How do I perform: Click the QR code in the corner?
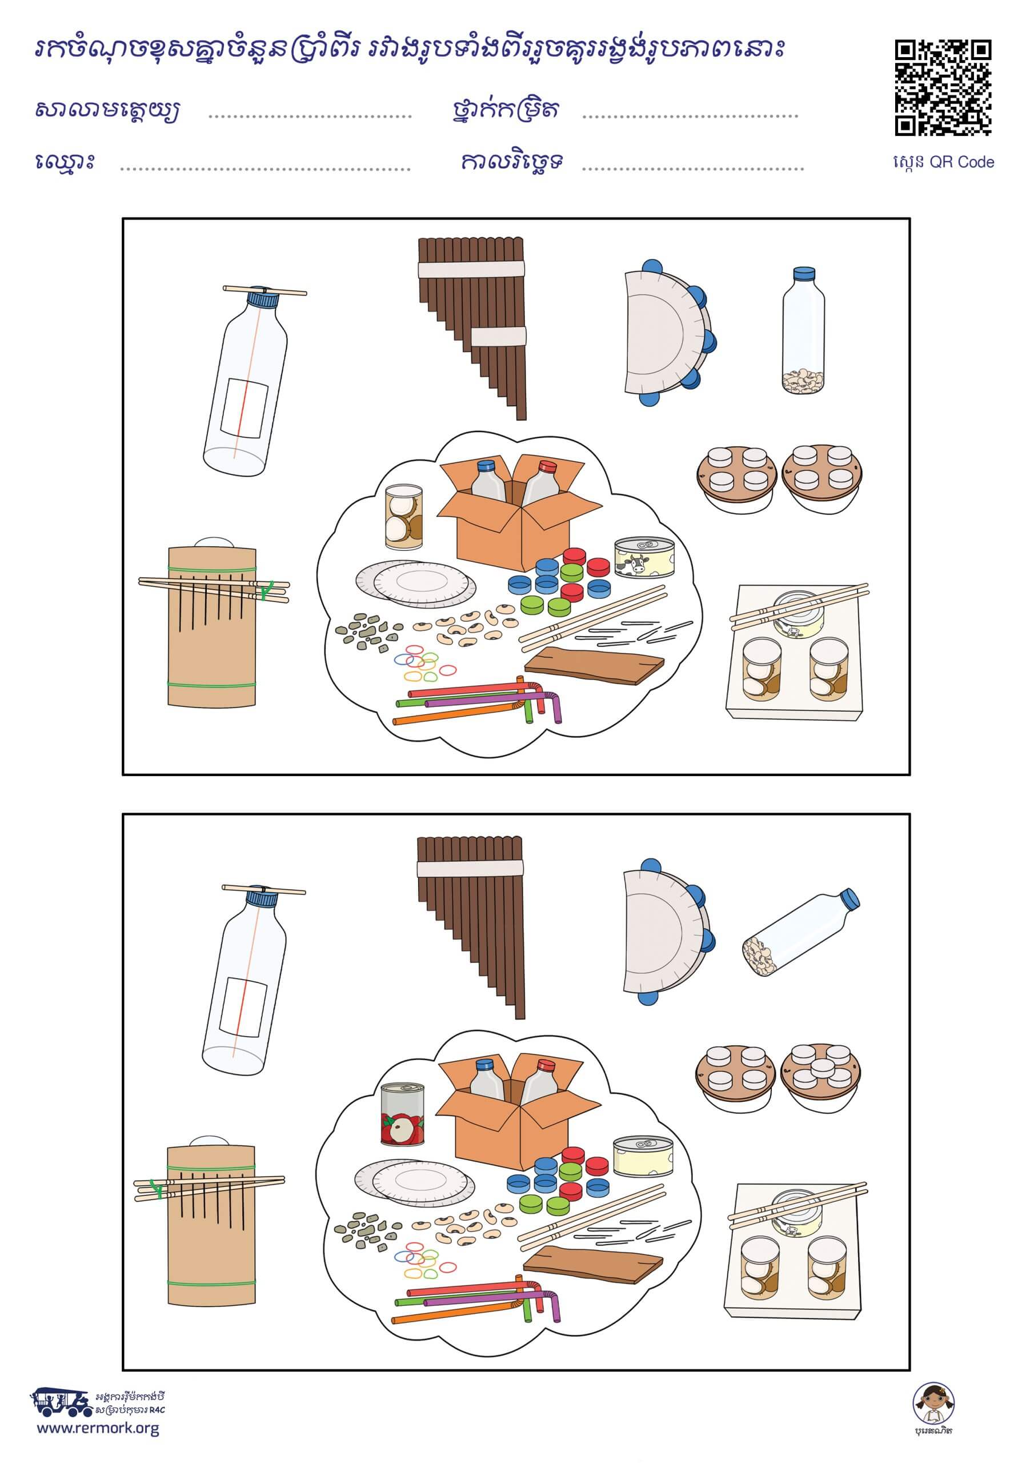(943, 88)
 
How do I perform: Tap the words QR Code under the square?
(961, 162)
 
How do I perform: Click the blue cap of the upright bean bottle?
(803, 274)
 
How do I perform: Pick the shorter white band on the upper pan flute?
(498, 337)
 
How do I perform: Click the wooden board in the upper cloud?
(594, 665)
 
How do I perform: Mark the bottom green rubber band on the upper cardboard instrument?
(211, 683)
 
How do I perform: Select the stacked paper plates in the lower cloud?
(415, 1178)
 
